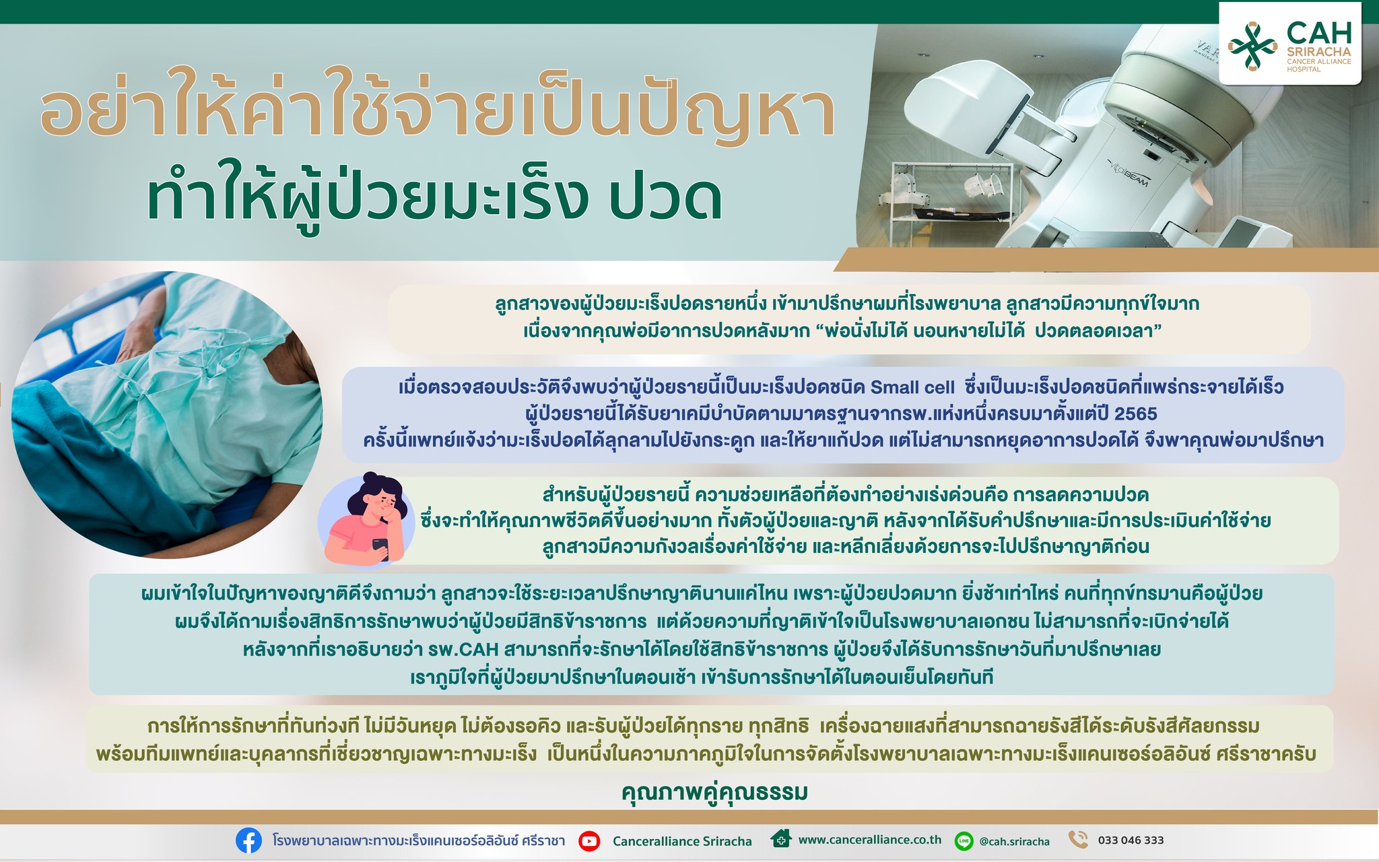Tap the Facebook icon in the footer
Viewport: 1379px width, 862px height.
248,840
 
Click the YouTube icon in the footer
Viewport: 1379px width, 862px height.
589,840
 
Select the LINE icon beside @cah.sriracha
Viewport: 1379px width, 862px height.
964,840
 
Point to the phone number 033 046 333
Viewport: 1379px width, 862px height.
1131,840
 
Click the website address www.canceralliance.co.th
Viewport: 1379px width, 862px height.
870,840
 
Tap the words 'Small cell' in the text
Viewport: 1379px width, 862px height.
912,387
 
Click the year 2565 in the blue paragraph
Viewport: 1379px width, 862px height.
1136,413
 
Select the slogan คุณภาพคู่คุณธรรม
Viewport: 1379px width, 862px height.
714,792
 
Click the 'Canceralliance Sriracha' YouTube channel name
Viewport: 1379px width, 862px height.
682,841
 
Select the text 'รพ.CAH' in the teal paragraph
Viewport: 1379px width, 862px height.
463,650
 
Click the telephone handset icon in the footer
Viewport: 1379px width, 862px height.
1078,840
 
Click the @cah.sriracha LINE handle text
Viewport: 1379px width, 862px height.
1014,842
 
